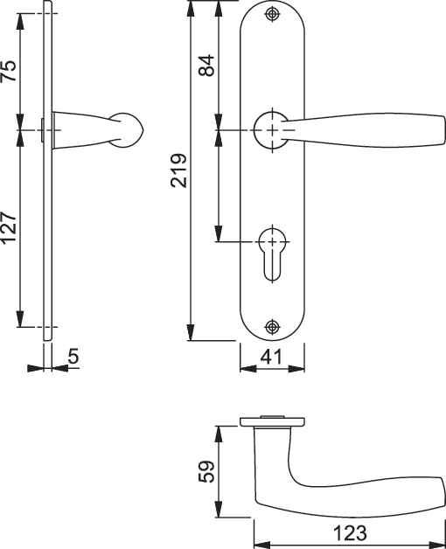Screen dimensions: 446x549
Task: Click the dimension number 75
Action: [9, 71]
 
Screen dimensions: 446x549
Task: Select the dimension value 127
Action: [9, 228]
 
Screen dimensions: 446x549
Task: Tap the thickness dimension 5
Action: [73, 357]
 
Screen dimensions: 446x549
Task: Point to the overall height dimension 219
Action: [178, 170]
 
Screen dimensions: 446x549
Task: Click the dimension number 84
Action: [206, 65]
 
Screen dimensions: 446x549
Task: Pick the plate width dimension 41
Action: [271, 358]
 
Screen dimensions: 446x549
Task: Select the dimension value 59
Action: [206, 471]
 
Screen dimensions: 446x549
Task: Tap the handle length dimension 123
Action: [350, 533]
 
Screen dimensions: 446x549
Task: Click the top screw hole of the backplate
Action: [272, 14]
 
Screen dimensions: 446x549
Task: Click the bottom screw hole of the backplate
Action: [272, 327]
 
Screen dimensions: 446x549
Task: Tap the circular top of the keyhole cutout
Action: [272, 241]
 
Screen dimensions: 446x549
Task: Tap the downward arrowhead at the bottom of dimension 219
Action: [191, 332]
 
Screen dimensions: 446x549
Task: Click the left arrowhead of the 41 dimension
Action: [248, 368]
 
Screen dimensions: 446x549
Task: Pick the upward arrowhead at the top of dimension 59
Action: [219, 434]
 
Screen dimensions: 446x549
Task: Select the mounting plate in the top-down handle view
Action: [272, 421]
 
